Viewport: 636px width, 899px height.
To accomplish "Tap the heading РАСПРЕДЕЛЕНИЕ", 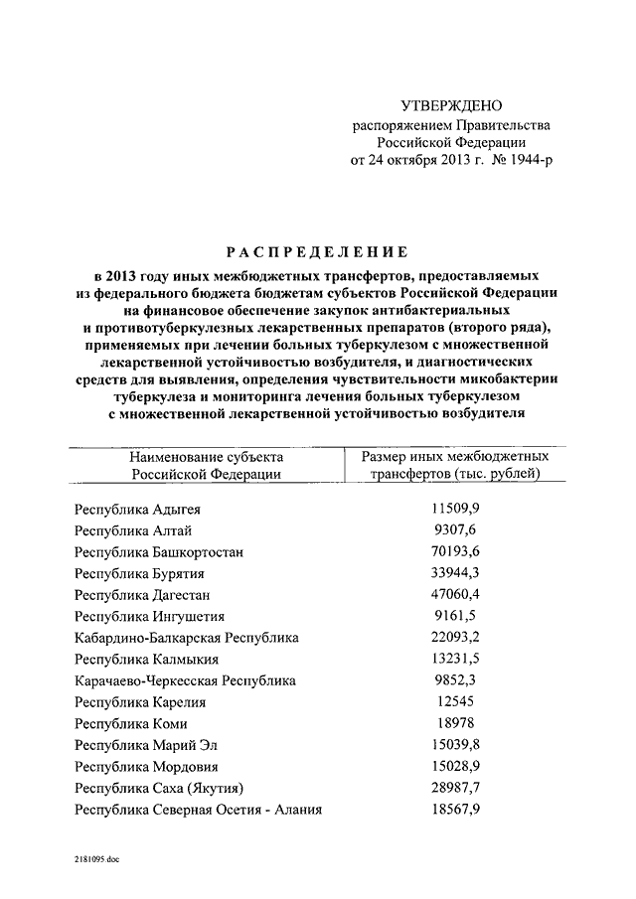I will pos(317,251).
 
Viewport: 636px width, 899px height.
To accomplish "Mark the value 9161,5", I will pos(456,616).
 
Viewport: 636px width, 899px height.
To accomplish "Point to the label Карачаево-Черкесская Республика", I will pos(185,680).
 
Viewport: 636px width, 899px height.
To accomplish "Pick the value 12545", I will pos(456,702).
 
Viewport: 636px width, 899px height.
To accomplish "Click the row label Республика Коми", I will pos(130,724).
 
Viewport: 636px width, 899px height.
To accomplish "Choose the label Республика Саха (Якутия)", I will pos(159,789).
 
